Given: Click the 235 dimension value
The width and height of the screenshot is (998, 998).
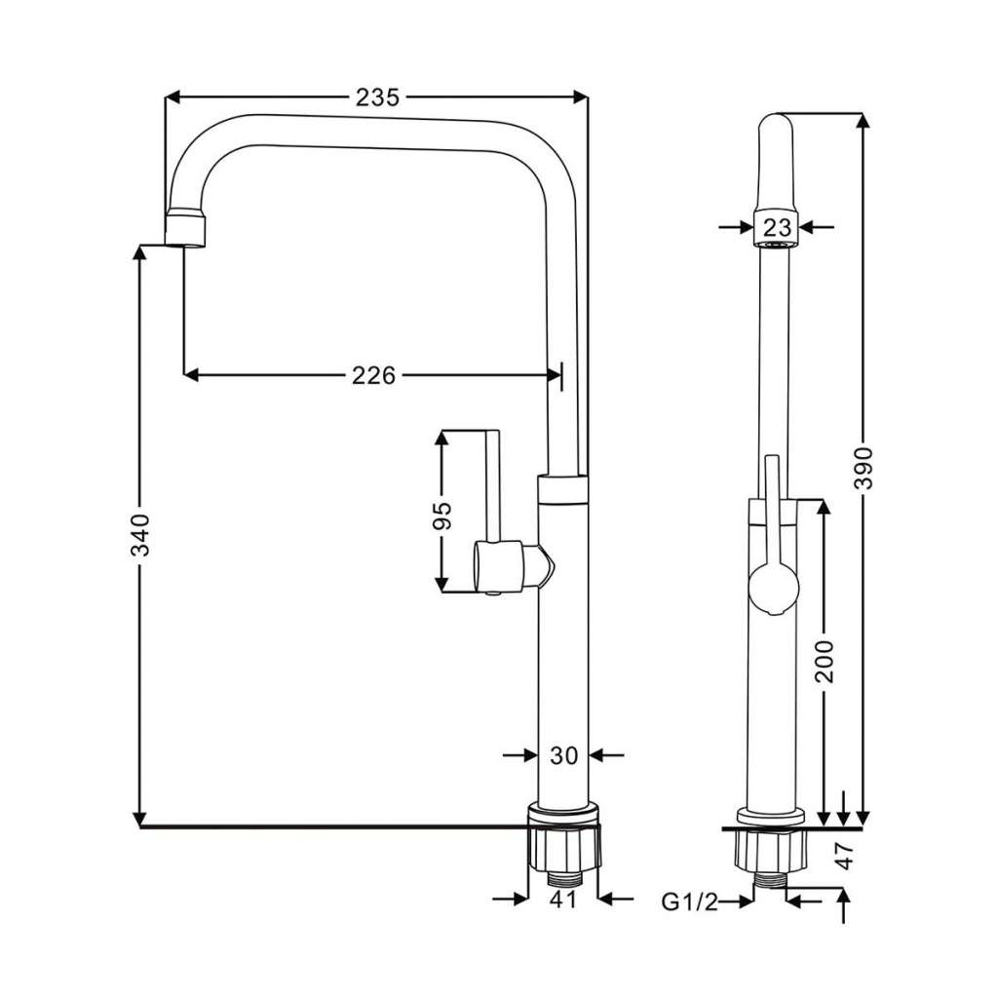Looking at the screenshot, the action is [x=377, y=97].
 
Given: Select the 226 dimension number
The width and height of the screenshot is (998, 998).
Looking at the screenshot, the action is [x=373, y=375].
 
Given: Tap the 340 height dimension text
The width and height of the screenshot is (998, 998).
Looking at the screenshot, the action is [x=140, y=535].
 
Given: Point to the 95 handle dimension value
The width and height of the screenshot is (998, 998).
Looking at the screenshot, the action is [x=441, y=516].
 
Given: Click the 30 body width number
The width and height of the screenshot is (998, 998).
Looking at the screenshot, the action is [x=563, y=755].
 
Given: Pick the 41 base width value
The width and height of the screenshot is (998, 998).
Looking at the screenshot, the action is [x=562, y=900].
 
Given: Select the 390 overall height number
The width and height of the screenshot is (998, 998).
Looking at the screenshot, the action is [x=864, y=468].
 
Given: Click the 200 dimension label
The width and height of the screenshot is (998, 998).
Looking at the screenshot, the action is [x=825, y=662].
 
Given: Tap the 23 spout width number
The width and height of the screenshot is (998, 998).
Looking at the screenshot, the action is [x=777, y=227].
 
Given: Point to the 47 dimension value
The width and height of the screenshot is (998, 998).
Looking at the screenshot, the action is [x=844, y=856].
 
